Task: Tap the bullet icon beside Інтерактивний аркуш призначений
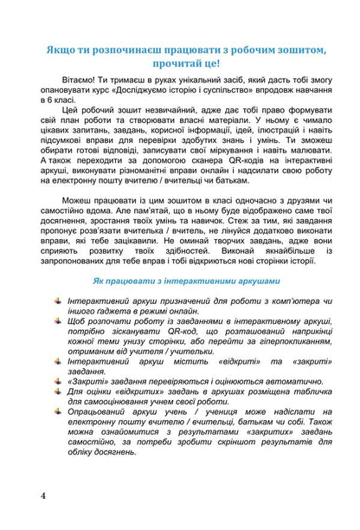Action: pos(55,323)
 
